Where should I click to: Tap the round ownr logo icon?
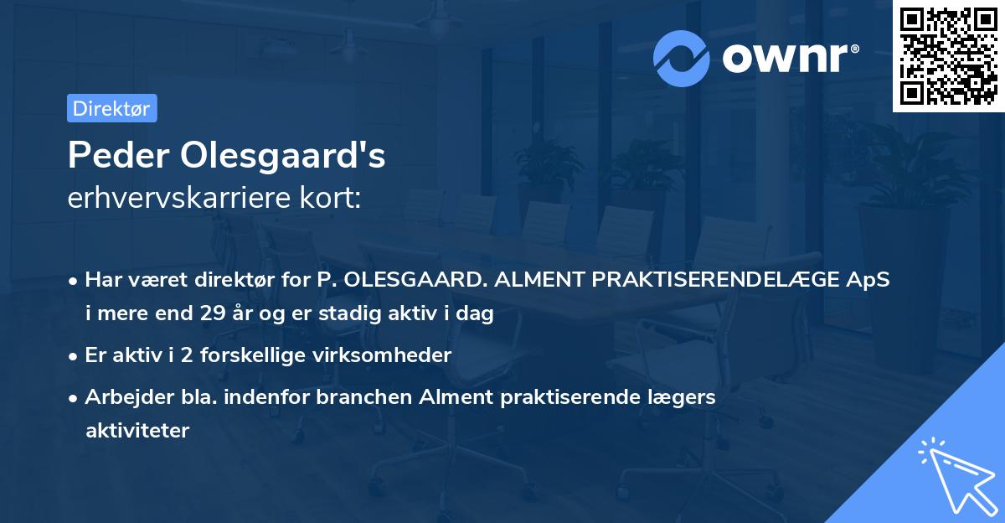click(x=682, y=59)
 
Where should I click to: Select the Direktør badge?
click(x=111, y=108)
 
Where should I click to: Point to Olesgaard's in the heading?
click(x=285, y=155)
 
